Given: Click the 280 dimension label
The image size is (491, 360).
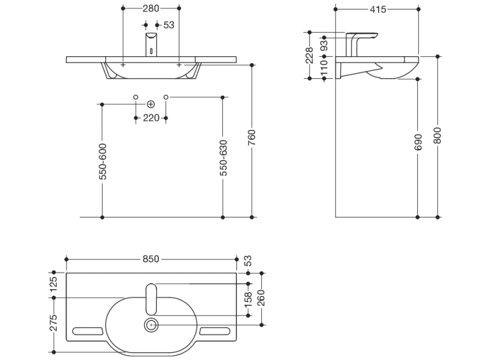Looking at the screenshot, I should pos(150,9).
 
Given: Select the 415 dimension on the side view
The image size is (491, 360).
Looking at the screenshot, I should pos(378,9).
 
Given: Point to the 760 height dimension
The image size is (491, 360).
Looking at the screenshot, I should pos(252,139).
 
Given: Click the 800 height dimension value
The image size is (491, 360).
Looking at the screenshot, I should pos(437,135).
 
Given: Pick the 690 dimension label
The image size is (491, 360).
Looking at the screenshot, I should pos(418,143).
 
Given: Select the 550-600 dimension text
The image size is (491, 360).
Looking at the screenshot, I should pos(102,162).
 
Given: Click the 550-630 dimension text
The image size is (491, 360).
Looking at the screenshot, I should pos(223,159).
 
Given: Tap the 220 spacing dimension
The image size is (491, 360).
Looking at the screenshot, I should pos(151,118).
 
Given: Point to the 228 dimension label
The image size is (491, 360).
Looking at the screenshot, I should pos(310,56).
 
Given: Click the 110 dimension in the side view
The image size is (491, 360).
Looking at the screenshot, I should pos(324,68).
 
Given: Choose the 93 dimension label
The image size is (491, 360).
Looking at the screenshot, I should pos(324,44).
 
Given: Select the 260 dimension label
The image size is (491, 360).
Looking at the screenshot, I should pos(261,298).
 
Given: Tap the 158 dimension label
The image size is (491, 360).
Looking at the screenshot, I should pos(249,300).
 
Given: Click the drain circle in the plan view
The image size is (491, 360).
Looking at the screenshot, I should pos(151,325).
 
